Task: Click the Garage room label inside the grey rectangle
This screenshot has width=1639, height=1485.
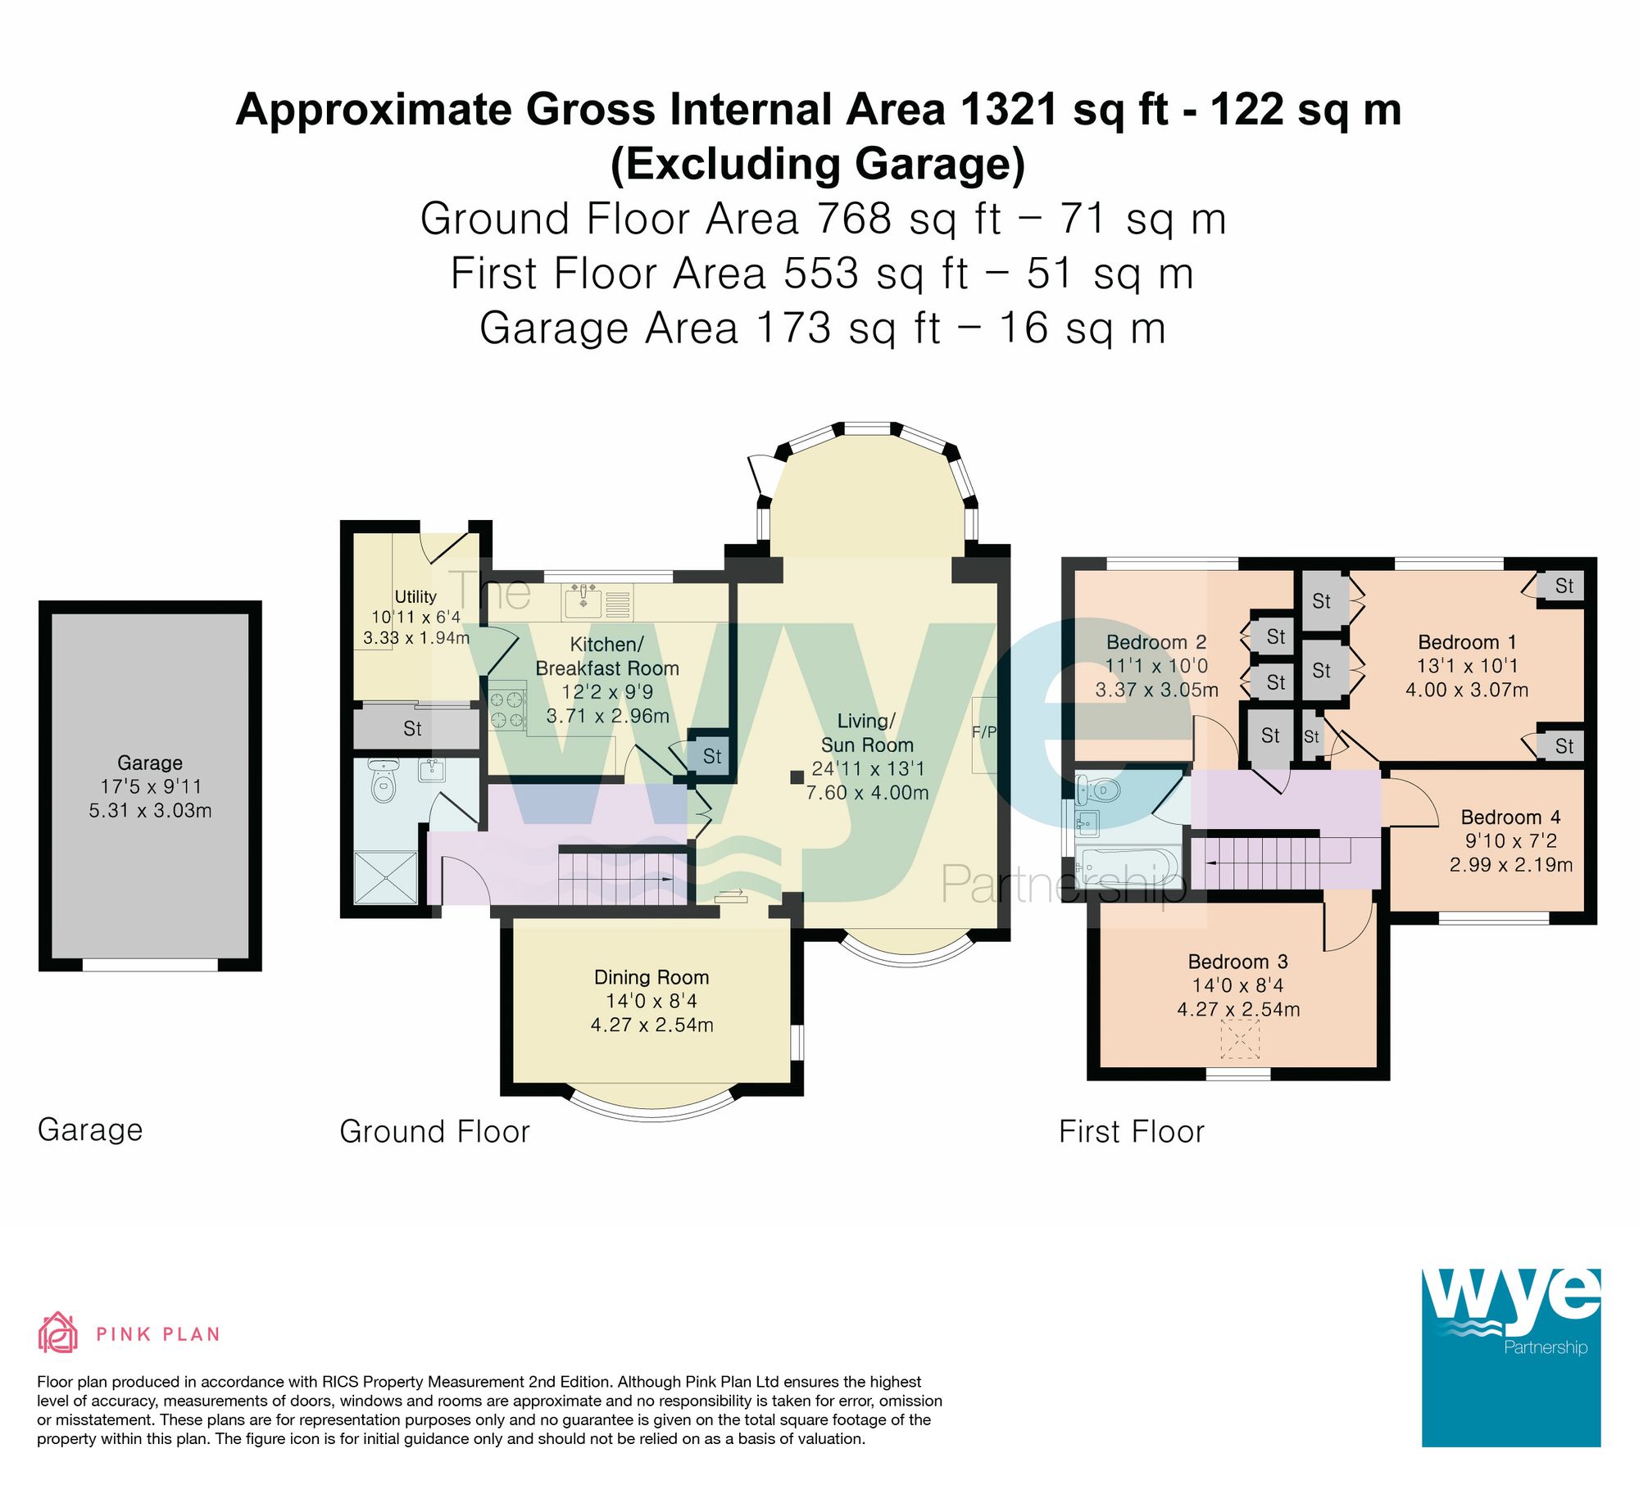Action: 150,763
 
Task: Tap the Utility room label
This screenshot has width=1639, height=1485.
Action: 415,596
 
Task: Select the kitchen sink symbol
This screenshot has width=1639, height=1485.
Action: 583,602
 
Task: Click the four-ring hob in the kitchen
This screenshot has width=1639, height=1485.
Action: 507,709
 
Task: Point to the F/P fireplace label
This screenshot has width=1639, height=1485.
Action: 984,731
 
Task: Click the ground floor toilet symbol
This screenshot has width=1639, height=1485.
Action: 383,782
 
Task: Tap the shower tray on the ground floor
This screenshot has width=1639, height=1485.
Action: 385,877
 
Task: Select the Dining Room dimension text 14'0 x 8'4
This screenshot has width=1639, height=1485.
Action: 652,1001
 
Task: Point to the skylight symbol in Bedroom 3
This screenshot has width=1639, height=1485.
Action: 1240,1039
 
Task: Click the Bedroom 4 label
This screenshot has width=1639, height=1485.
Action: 1510,817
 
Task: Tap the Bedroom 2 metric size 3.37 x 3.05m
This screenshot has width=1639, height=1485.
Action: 1156,690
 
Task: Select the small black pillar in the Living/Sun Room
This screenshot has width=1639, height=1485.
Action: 797,776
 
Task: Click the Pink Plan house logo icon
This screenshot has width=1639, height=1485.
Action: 58,1333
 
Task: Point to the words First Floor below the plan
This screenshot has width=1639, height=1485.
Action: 1131,1131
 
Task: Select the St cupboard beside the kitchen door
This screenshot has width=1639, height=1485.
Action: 711,755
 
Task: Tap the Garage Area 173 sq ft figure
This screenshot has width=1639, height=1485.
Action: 847,328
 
